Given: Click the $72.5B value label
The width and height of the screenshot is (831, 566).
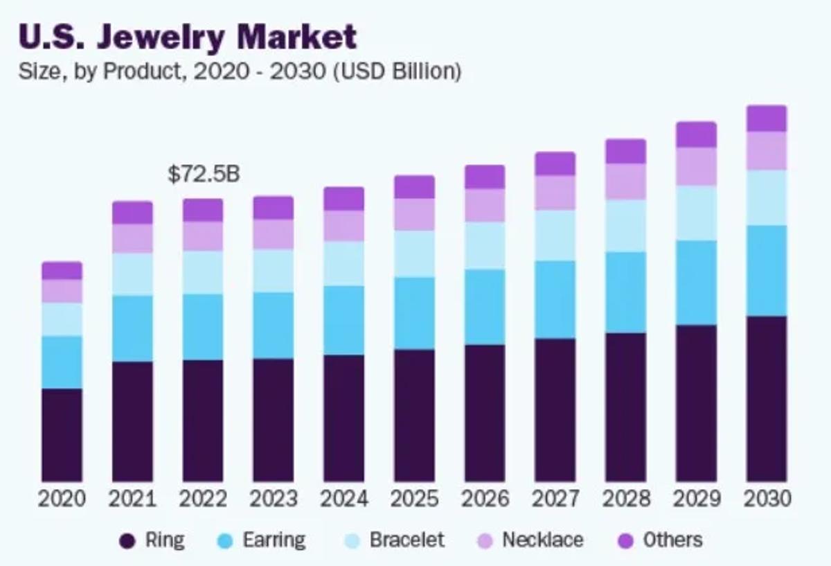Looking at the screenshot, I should click(x=204, y=174).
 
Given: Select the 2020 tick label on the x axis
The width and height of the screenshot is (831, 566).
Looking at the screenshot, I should click(x=62, y=499).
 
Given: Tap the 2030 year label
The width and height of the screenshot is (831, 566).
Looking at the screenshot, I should click(x=767, y=499).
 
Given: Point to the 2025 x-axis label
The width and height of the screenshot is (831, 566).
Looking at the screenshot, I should click(x=414, y=499).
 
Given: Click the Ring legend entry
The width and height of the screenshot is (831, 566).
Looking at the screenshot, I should click(x=152, y=540).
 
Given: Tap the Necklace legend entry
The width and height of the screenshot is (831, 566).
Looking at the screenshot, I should click(x=530, y=540).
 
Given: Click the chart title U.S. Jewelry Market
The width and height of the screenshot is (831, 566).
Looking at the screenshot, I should click(x=188, y=37).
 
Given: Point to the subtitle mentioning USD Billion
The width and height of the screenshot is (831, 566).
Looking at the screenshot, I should click(x=240, y=71).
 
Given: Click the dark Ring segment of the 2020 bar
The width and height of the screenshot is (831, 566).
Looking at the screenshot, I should click(x=62, y=434).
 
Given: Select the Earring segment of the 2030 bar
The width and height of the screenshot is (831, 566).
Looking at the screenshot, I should click(x=767, y=271).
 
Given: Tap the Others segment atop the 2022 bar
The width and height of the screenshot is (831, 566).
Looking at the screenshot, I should click(x=204, y=210).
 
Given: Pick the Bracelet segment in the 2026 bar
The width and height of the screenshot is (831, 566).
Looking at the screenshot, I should click(x=485, y=245).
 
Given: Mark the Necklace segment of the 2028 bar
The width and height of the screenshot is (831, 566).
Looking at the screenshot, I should click(x=625, y=182).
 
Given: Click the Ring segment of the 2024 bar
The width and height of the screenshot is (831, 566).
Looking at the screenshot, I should click(x=344, y=418).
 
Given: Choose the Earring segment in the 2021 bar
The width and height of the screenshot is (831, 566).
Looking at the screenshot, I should click(x=133, y=328).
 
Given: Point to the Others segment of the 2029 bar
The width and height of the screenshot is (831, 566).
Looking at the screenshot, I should click(x=696, y=134).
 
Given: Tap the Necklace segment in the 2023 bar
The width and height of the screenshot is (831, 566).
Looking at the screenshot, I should click(x=274, y=234).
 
